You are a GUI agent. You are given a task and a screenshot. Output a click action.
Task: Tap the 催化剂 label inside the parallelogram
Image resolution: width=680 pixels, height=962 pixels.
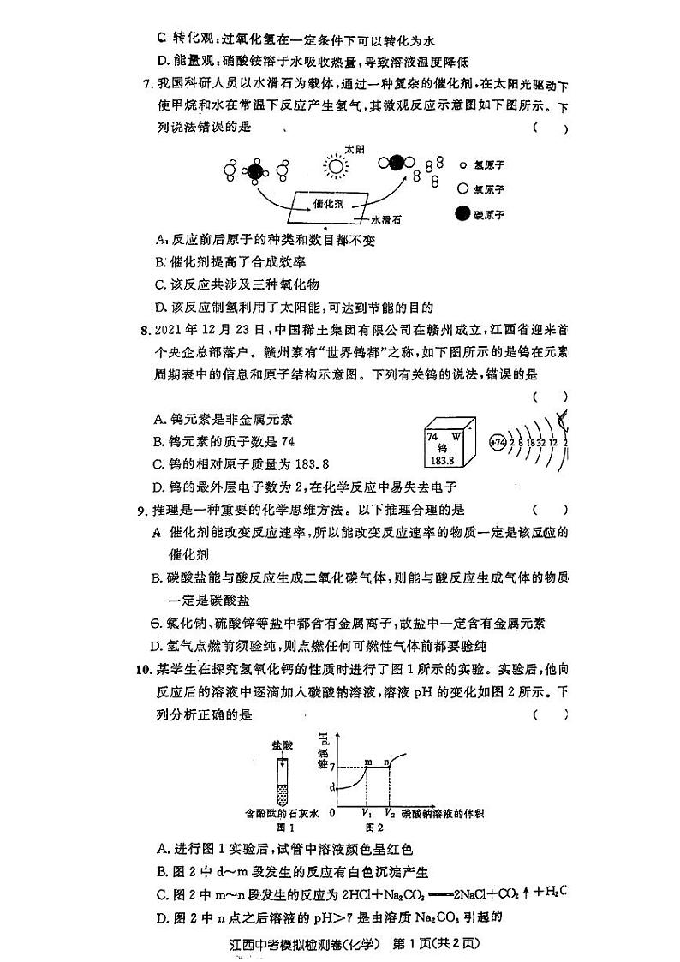pyautogui.click(x=329, y=203)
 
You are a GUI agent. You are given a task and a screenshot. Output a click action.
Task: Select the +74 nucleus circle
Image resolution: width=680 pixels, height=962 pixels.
pyautogui.click(x=497, y=443)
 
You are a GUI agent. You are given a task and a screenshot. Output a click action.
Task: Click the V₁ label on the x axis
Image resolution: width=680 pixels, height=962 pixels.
pyautogui.click(x=367, y=812)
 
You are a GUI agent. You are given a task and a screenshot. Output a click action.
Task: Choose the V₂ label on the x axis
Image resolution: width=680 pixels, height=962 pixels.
pyautogui.click(x=390, y=812)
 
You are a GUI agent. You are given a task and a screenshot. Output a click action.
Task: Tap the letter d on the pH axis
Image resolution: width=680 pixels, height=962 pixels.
pyautogui.click(x=333, y=786)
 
